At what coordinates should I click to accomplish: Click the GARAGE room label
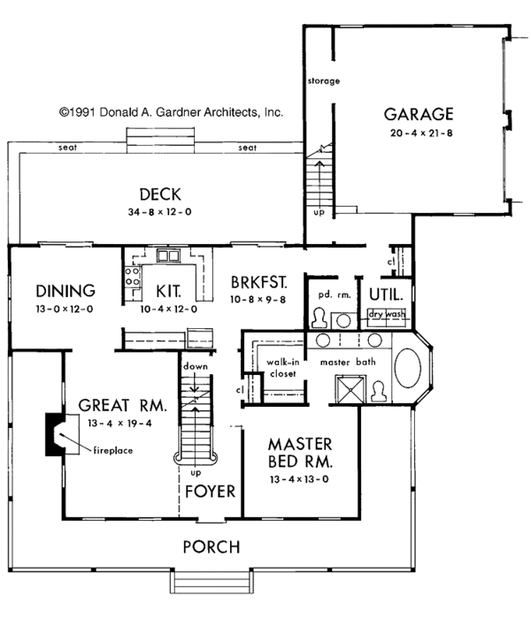(419, 114)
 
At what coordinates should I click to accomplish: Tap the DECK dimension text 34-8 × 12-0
(159, 212)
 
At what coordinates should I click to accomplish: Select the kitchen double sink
(169, 256)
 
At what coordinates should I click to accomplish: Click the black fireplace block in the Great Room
(53, 434)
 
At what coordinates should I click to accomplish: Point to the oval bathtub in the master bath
(408, 368)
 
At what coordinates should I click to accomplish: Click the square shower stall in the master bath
(350, 389)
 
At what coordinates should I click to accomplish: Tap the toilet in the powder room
(319, 318)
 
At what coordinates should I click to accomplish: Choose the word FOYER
(211, 492)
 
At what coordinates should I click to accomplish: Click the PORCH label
(212, 547)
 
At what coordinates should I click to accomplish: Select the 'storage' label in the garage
(324, 81)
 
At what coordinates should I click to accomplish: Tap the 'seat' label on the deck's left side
(67, 148)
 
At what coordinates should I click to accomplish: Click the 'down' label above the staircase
(196, 366)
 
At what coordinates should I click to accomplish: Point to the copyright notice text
(171, 112)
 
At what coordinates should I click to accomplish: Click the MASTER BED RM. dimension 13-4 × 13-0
(299, 479)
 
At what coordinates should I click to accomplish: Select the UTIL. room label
(386, 294)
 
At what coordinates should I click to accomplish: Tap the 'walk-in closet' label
(283, 368)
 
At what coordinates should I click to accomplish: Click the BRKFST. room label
(258, 283)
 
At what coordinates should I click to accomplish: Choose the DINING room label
(65, 291)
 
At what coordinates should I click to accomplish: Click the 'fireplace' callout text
(113, 450)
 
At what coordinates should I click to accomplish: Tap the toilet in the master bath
(379, 392)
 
